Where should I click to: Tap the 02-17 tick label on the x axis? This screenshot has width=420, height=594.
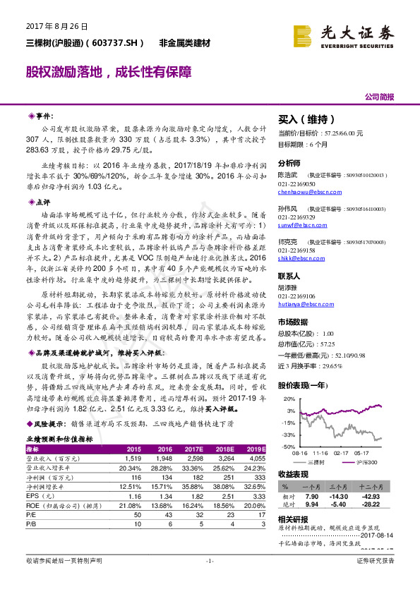click(342, 453)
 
